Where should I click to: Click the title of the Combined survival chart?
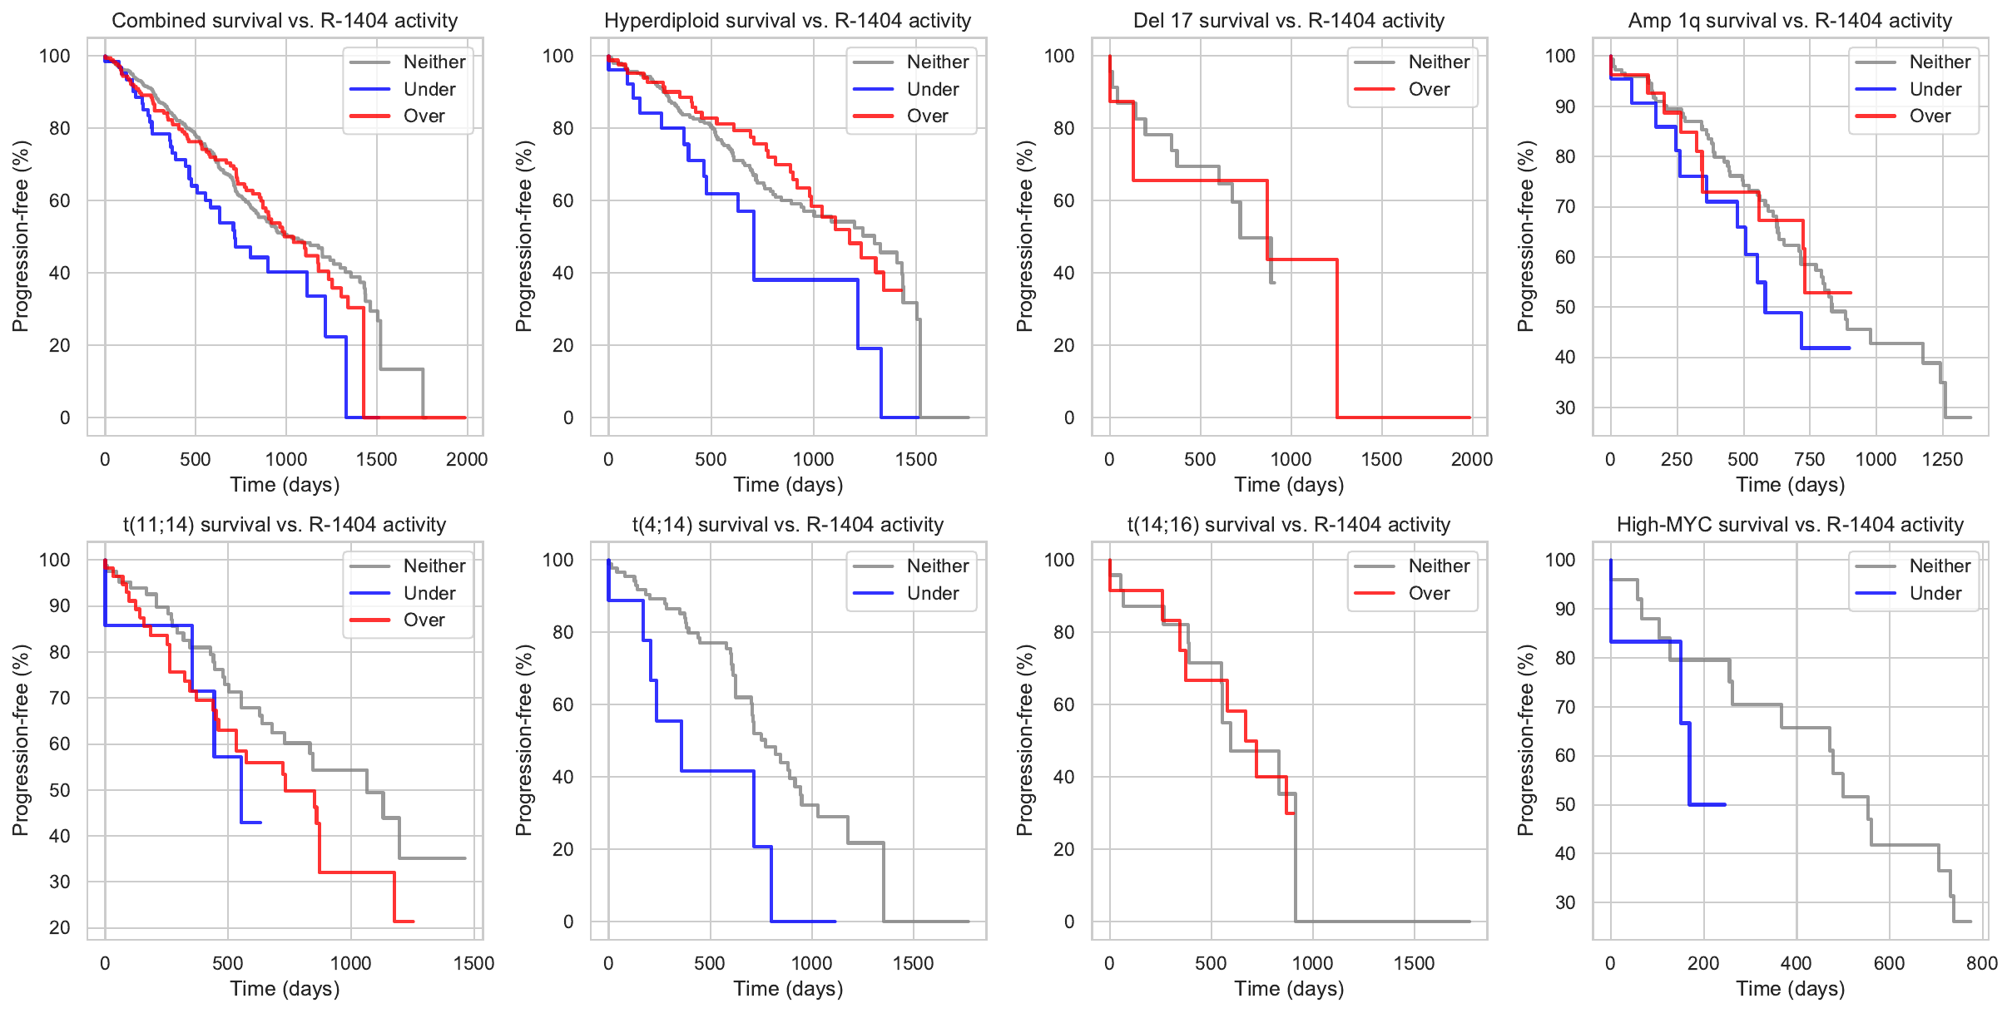(285, 21)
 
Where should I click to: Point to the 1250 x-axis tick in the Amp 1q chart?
(1942, 459)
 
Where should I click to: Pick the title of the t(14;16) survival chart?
(1288, 525)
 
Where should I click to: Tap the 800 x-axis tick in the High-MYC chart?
(1982, 963)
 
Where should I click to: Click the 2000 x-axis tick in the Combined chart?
(467, 459)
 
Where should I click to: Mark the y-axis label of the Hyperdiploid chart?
(523, 236)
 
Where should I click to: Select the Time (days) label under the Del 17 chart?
(1288, 485)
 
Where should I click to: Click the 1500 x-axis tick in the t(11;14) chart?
(473, 963)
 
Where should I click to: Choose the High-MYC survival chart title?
(1790, 525)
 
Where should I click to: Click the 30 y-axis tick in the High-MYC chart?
(1564, 902)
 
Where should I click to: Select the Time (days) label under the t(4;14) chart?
(787, 989)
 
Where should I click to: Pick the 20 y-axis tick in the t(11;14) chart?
(60, 927)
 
